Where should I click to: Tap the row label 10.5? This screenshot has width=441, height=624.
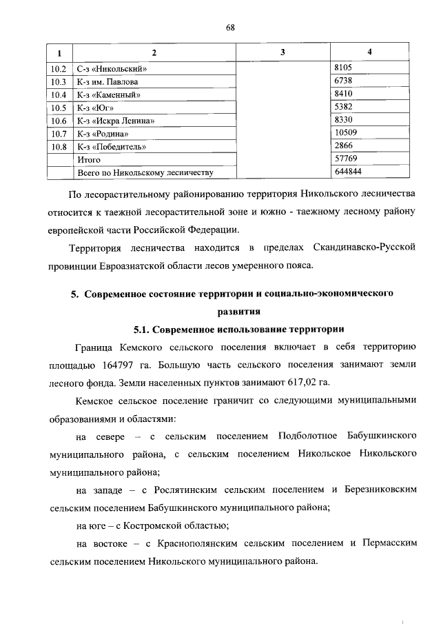pyautogui.click(x=59, y=108)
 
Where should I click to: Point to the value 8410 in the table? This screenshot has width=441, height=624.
pyautogui.click(x=342, y=95)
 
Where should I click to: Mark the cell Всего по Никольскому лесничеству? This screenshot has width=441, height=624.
pyautogui.click(x=145, y=172)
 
